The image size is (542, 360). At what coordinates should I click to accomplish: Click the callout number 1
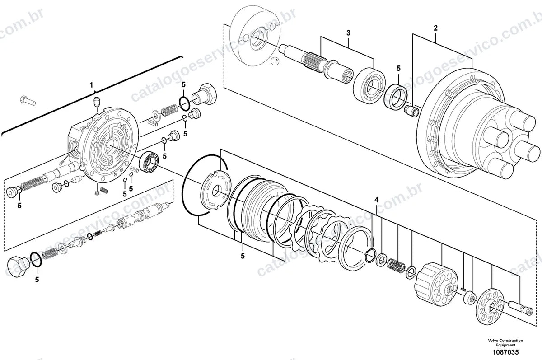91,85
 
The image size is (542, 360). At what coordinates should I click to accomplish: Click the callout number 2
435,28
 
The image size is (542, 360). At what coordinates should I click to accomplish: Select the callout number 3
348,33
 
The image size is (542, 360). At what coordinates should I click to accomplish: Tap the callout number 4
377,200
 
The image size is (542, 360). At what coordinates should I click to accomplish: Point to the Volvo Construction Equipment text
505,342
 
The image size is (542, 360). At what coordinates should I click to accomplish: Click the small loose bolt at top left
28,100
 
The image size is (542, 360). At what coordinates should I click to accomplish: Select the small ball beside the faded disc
274,61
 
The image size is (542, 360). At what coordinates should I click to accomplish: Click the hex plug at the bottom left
18,266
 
